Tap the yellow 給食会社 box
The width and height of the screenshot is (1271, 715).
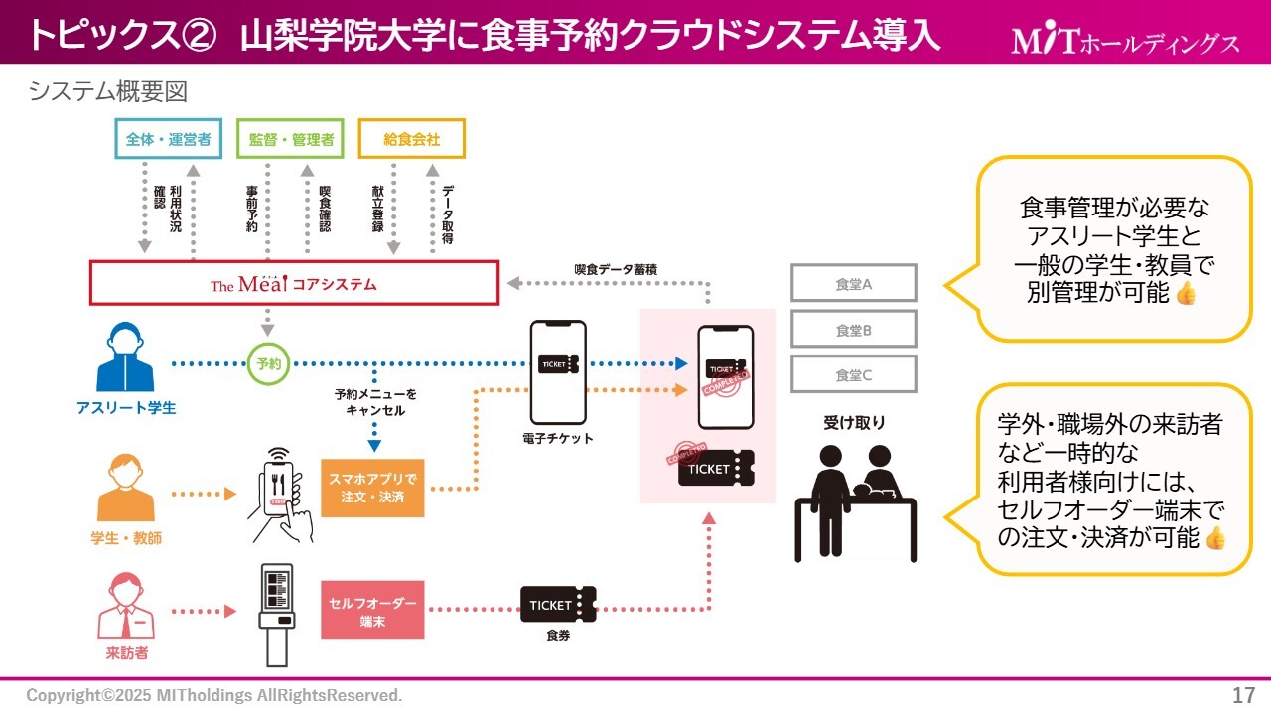pyautogui.click(x=411, y=140)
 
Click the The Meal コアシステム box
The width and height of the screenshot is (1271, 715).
pyautogui.click(x=294, y=283)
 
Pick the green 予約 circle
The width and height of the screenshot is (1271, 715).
pyautogui.click(x=268, y=363)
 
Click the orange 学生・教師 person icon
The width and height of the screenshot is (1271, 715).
pyautogui.click(x=126, y=488)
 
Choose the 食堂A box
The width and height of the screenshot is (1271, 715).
pyautogui.click(x=853, y=283)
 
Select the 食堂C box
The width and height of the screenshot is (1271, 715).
pyautogui.click(x=853, y=374)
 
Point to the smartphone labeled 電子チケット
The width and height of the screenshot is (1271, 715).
pyautogui.click(x=557, y=370)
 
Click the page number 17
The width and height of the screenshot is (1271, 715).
pyautogui.click(x=1242, y=694)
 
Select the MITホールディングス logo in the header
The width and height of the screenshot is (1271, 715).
pyautogui.click(x=1125, y=41)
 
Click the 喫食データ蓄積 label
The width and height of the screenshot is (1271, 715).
pyautogui.click(x=616, y=269)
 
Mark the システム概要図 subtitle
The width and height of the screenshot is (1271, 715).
pyautogui.click(x=108, y=91)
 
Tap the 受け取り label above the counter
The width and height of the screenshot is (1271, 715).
pyautogui.click(x=853, y=423)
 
